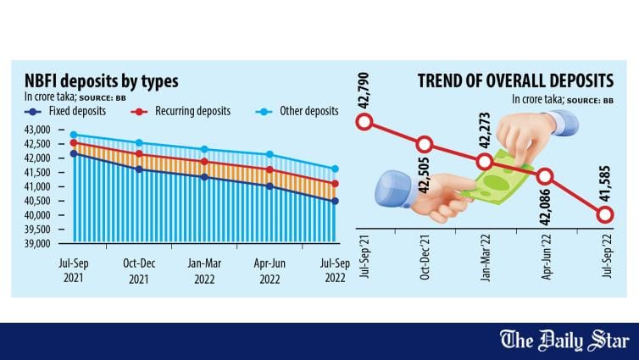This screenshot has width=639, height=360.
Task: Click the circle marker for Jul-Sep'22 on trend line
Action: point(604,214)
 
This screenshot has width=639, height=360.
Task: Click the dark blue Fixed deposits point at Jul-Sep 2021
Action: point(73,153)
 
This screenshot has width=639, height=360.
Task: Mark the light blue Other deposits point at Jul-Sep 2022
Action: point(335,169)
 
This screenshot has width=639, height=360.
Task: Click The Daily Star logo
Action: point(564,341)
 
